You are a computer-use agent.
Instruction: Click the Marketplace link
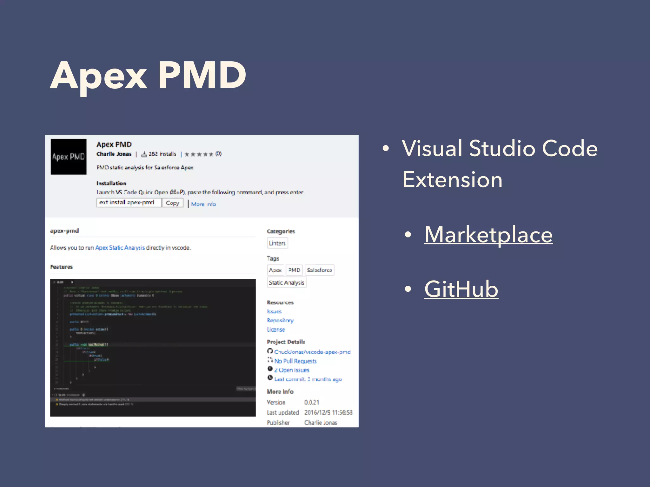[488, 235]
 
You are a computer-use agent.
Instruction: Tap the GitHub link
[461, 289]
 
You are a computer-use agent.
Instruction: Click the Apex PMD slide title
[148, 76]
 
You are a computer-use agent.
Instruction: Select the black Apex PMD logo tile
[69, 157]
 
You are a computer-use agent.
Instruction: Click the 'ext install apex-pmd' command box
[129, 203]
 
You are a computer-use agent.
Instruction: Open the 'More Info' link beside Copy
[203, 204]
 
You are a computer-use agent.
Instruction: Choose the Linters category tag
[277, 243]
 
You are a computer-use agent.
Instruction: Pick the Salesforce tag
[319, 270]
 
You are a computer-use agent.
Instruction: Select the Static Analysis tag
[286, 282]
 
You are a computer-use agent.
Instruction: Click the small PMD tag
[294, 270]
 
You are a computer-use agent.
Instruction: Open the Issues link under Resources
[274, 312]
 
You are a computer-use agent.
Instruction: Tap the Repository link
[280, 321]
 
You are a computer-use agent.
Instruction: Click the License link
[276, 330]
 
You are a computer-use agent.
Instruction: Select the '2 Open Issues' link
[292, 370]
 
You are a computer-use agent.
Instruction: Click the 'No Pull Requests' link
[295, 361]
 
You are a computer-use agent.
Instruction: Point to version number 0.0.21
[312, 402]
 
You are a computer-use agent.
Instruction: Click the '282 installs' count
[162, 154]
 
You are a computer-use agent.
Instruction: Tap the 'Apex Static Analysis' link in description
[120, 248]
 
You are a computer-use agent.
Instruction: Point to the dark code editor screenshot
[153, 347]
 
